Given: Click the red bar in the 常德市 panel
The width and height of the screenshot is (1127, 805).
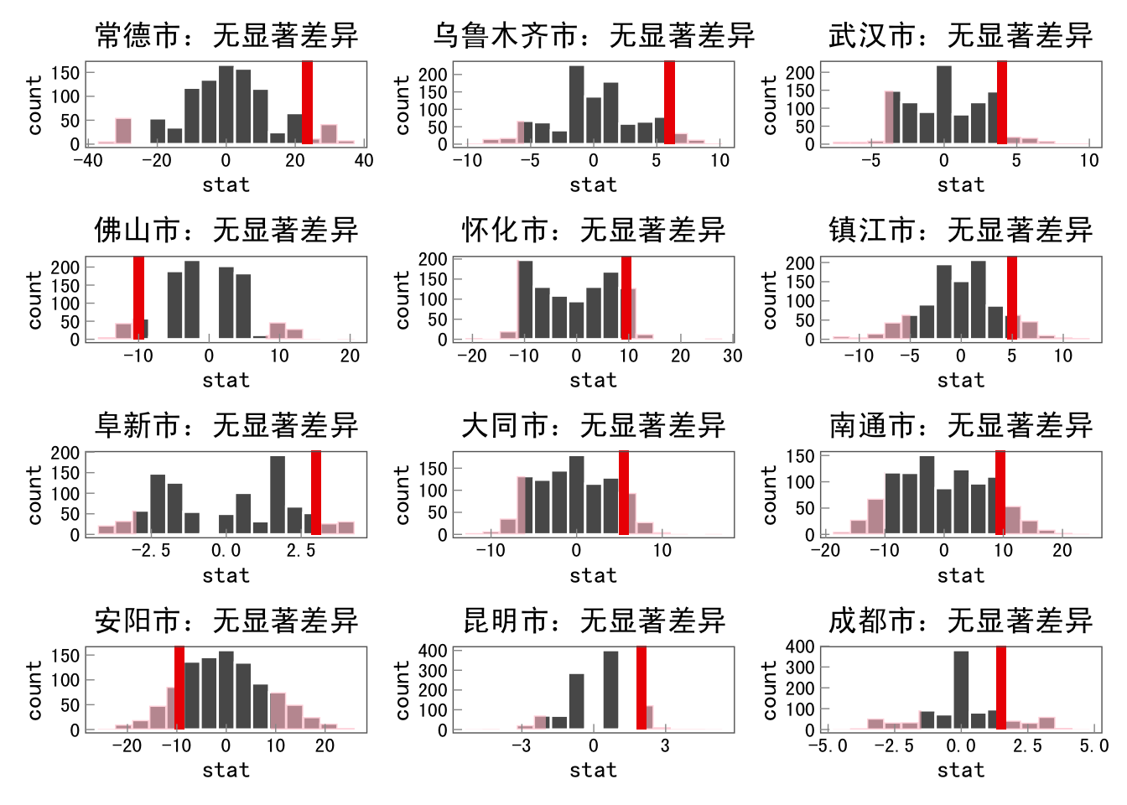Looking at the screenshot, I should (x=307, y=102).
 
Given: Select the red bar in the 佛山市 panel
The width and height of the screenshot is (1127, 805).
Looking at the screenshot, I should (x=138, y=298).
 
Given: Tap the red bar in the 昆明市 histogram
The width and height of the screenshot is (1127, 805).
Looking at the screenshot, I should (x=641, y=688).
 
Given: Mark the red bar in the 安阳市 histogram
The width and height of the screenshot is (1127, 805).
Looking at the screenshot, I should (x=179, y=688).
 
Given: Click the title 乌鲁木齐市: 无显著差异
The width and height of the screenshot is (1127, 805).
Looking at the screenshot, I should (x=594, y=35).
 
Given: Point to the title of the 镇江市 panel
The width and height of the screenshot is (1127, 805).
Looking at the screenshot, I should (x=961, y=230).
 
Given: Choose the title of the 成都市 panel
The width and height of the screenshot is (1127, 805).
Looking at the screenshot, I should (x=961, y=621).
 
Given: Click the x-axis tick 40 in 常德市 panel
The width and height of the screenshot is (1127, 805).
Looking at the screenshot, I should (x=364, y=160).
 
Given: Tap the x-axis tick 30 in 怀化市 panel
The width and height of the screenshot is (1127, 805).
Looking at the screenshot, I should (x=732, y=356).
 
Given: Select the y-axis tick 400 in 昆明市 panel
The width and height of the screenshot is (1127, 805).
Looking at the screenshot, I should (x=433, y=651).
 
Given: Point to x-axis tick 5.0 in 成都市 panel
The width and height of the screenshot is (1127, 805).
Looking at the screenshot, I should (x=1093, y=745).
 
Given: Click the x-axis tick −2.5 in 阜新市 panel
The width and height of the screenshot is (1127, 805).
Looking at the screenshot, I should (x=151, y=551).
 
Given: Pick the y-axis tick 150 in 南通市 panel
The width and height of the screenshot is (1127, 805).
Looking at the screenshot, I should (x=800, y=456).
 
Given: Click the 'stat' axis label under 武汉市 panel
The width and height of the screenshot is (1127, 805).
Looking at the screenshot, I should (x=961, y=185).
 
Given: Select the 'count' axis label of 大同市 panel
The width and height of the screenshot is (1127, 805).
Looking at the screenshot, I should (x=402, y=495).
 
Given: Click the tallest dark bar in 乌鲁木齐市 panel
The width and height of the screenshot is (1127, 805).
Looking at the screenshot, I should (x=576, y=105).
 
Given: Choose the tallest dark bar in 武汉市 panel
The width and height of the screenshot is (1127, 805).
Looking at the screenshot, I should (x=944, y=105).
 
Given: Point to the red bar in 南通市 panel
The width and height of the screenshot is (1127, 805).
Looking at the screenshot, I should (x=1000, y=493).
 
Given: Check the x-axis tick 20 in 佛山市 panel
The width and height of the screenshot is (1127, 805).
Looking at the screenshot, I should (x=350, y=356).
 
